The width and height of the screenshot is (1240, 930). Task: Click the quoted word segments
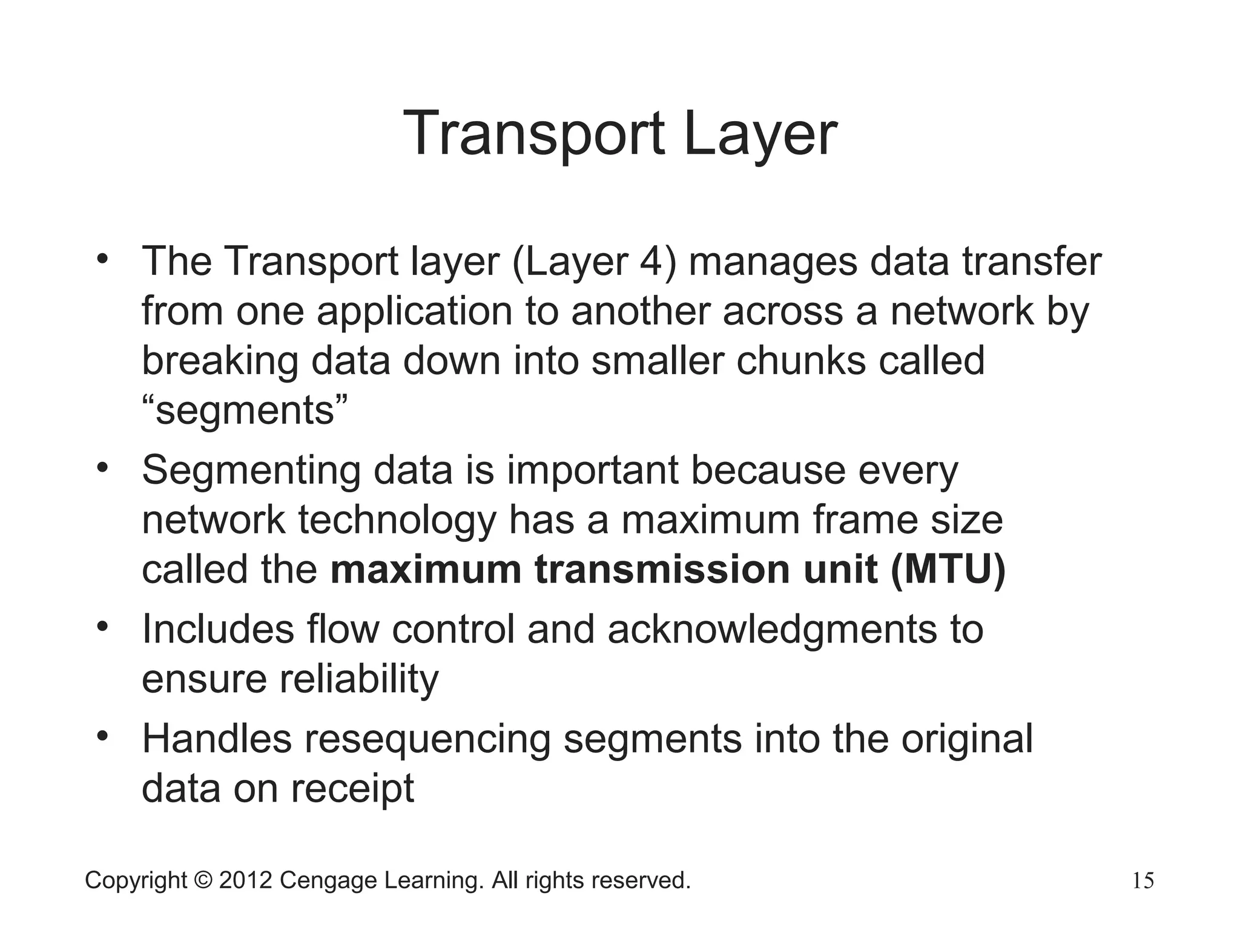click(245, 411)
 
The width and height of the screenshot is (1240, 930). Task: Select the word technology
click(397, 521)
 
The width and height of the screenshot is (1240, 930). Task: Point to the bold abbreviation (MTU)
click(948, 570)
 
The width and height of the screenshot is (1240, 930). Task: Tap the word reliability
click(358, 679)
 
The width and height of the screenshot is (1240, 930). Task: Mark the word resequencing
click(427, 740)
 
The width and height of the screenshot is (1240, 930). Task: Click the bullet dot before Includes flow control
click(102, 626)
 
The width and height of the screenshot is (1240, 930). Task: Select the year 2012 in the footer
click(245, 880)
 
